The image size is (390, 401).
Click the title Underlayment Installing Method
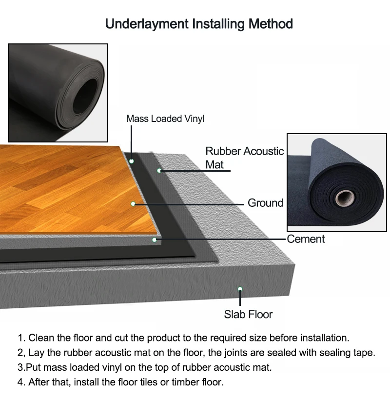tap(199, 23)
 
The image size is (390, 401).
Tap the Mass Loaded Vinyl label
tap(165, 119)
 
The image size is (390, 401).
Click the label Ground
tap(265, 202)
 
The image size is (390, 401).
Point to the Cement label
tap(306, 239)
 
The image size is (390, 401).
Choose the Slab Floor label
tap(248, 314)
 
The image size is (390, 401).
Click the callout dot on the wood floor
tap(133, 203)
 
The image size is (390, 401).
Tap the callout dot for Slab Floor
tap(240, 289)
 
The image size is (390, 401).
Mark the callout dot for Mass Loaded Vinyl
tap(132, 160)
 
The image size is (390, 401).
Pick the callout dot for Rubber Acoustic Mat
tap(159, 170)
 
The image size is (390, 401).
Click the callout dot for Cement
tap(154, 240)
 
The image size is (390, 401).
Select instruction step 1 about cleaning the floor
tap(183, 338)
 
